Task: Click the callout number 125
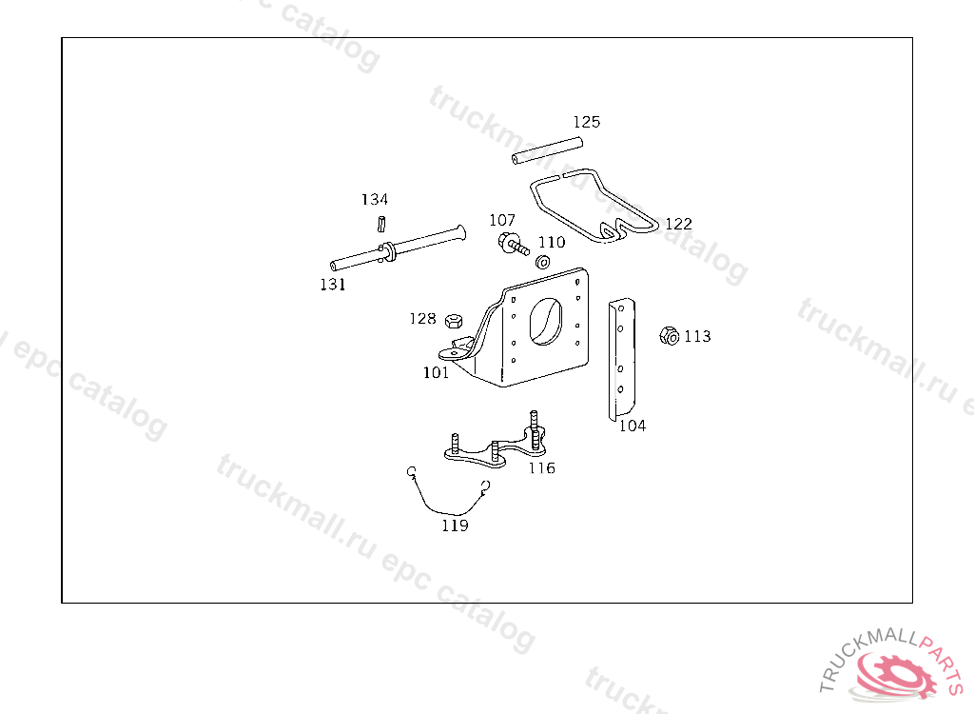(x=586, y=122)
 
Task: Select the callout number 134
(x=375, y=199)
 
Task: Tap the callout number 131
(x=333, y=285)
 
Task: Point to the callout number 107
(x=502, y=220)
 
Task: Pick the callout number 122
(x=678, y=224)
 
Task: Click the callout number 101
(x=436, y=372)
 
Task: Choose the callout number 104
(x=633, y=426)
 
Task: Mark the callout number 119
(x=456, y=526)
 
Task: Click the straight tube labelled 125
(x=547, y=151)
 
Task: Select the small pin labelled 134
(x=381, y=224)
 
